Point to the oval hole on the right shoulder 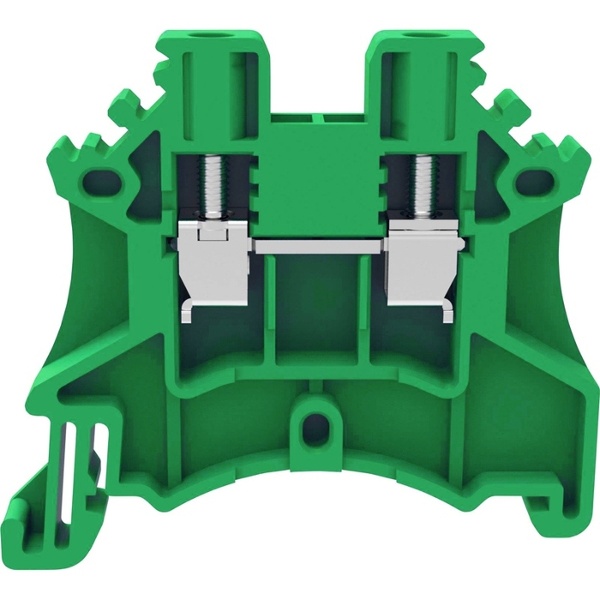534,179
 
